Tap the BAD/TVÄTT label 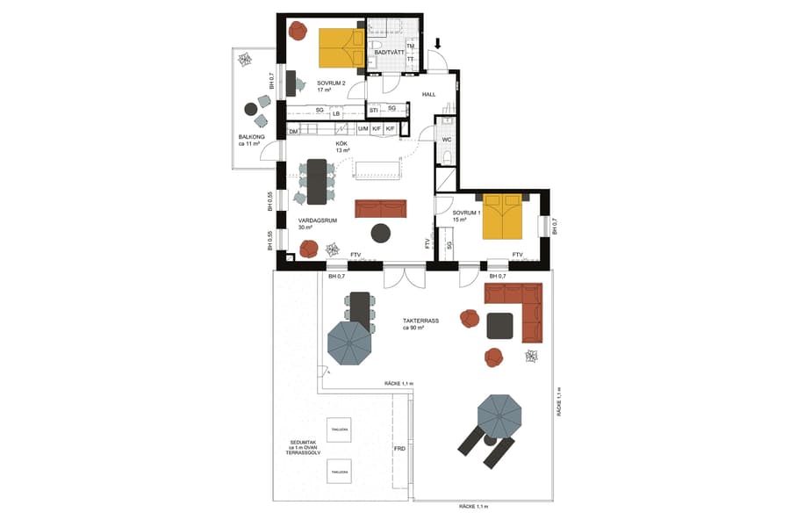click(x=389, y=53)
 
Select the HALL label click(x=429, y=94)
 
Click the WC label click(x=446, y=139)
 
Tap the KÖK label click(x=342, y=143)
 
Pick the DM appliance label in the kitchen click(x=293, y=131)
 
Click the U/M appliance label click(x=363, y=130)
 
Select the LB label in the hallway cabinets click(x=335, y=113)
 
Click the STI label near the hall click(x=373, y=109)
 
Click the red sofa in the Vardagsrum click(x=381, y=208)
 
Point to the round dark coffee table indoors click(x=381, y=233)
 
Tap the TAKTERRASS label click(x=420, y=321)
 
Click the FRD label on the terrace click(x=399, y=449)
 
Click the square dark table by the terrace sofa click(x=499, y=326)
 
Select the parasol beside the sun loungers click(x=499, y=413)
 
